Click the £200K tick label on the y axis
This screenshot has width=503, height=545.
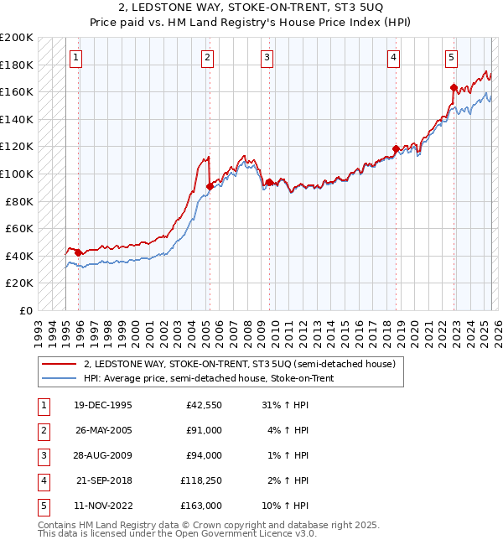click(x=17, y=38)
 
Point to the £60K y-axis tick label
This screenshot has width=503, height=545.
click(x=19, y=228)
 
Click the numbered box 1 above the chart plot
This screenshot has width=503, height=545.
click(x=76, y=58)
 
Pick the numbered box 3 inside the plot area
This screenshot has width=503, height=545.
click(x=267, y=58)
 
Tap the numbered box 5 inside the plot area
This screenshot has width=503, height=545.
click(x=451, y=58)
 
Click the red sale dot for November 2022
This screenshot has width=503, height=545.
click(x=454, y=87)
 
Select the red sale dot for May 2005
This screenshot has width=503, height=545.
click(x=210, y=186)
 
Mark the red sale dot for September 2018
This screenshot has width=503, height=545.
click(x=396, y=148)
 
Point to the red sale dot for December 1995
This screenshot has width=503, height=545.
click(x=78, y=252)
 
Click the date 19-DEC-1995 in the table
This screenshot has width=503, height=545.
click(x=103, y=406)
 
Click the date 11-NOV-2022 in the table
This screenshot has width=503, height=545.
click(x=103, y=506)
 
